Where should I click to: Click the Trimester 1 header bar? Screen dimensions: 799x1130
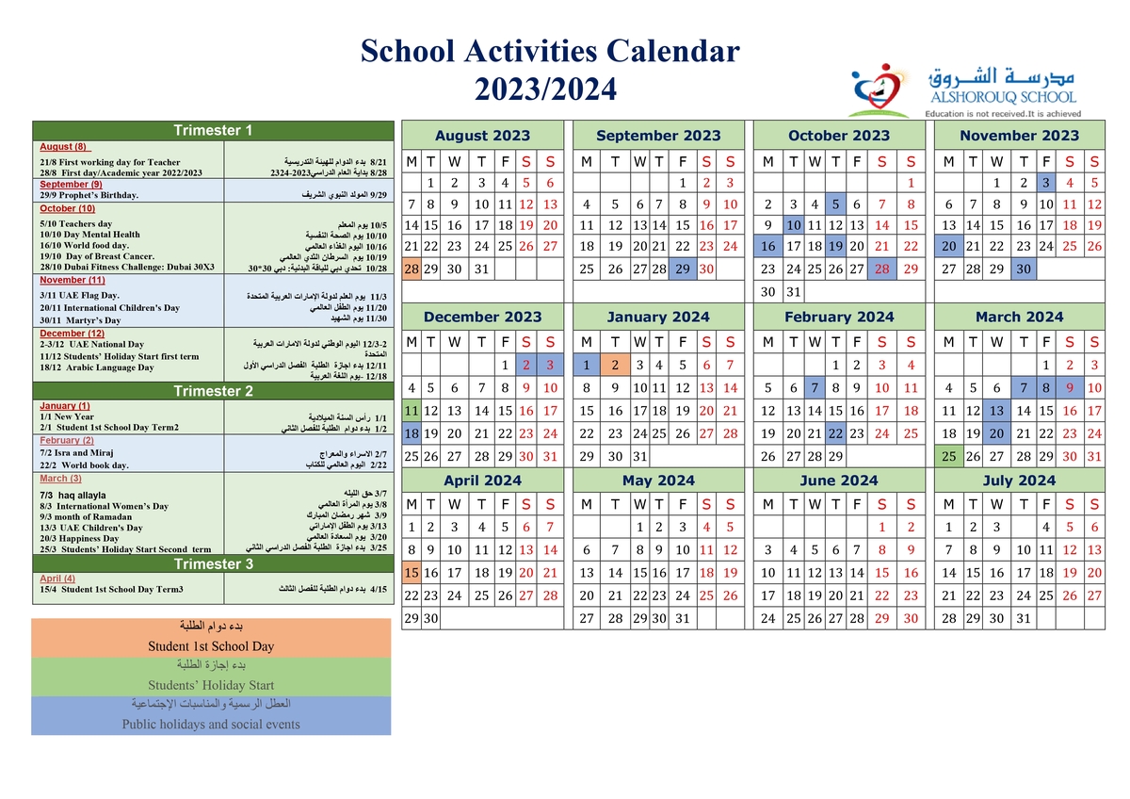point(213,130)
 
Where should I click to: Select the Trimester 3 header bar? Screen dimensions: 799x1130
point(213,564)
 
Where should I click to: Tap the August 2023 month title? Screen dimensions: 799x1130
point(482,136)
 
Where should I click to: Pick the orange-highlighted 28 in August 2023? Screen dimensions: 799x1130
point(411,269)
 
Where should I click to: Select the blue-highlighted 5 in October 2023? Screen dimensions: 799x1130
point(835,204)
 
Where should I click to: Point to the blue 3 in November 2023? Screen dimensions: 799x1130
point(1045,183)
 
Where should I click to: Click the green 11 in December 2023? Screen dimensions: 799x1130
point(411,411)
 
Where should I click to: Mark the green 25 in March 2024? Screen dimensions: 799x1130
point(949,456)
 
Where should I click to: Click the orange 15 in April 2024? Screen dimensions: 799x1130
point(411,572)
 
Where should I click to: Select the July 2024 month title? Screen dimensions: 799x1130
point(1019,481)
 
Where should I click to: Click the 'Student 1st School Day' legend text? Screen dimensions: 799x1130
point(211,646)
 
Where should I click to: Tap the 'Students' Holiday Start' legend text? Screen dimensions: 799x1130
point(211,685)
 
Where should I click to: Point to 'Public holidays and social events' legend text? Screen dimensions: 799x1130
point(211,725)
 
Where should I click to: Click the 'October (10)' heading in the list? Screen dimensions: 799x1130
point(67,208)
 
